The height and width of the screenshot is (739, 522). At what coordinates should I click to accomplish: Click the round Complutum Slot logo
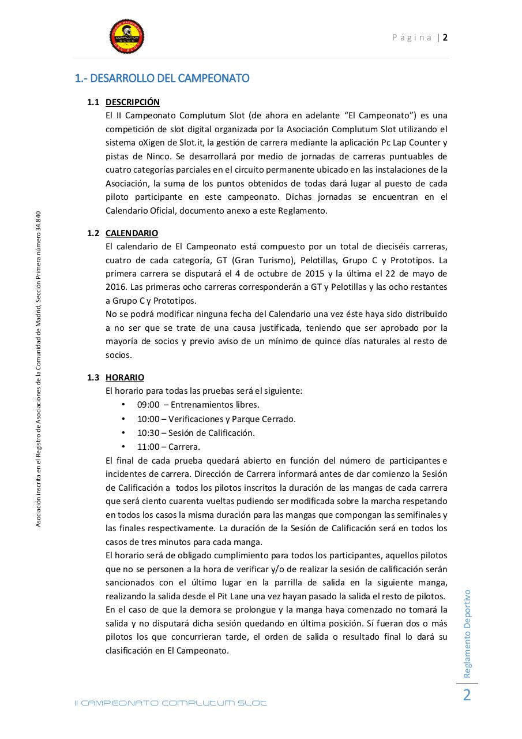tap(127, 35)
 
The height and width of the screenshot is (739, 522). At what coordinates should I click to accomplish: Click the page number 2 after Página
tap(446, 38)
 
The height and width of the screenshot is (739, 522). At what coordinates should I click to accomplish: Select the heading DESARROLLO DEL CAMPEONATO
tap(162, 78)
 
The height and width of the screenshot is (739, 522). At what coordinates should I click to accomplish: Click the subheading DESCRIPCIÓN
tap(132, 102)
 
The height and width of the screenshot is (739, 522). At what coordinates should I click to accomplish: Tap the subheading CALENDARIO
tap(132, 233)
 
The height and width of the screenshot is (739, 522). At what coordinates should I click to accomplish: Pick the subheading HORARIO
tap(125, 378)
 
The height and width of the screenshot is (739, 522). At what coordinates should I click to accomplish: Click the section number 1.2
tap(93, 233)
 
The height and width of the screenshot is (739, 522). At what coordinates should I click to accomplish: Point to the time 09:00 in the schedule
tap(148, 405)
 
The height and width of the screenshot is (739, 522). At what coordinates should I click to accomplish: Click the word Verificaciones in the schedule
tap(196, 419)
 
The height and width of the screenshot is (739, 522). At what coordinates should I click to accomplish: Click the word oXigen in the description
tap(150, 143)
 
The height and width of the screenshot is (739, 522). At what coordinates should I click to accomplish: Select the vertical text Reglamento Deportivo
tap(468, 633)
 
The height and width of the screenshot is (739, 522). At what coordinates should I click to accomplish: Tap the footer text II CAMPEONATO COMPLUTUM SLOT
tap(171, 703)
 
